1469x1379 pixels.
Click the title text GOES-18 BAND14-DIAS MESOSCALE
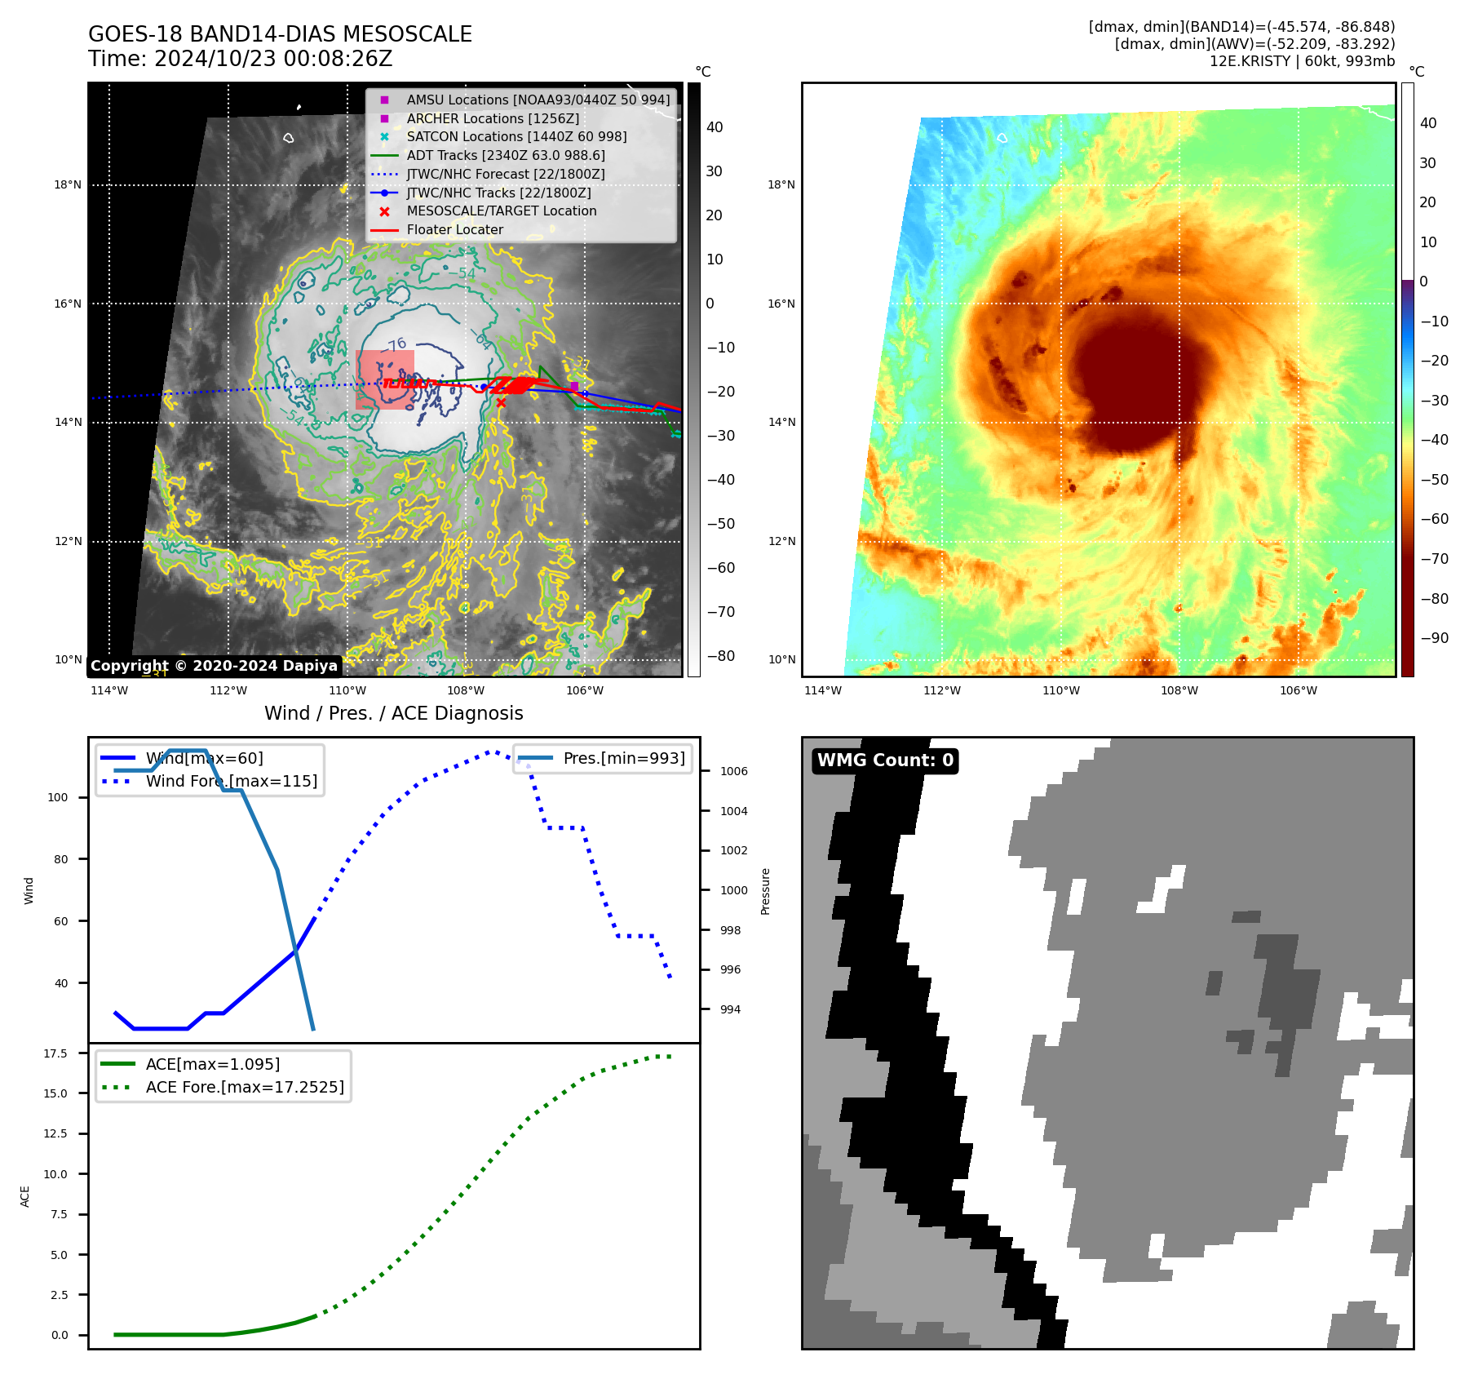[x=280, y=34]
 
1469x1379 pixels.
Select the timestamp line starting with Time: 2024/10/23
[x=240, y=59]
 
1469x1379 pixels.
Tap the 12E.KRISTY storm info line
[x=1302, y=61]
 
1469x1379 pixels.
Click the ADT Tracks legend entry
[x=505, y=155]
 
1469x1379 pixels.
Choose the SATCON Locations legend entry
[x=516, y=136]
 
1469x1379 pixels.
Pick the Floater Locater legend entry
[x=454, y=229]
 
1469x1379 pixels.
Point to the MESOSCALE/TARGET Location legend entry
[x=501, y=211]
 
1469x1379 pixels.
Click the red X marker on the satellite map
[x=501, y=402]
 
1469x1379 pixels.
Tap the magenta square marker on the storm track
[x=574, y=386]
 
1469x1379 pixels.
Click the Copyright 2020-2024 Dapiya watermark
[x=214, y=666]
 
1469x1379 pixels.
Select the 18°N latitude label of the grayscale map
[x=68, y=185]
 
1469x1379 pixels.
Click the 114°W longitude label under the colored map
[x=822, y=690]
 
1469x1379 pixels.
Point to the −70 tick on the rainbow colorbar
[x=1434, y=559]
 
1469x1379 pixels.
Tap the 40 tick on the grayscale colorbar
[x=715, y=127]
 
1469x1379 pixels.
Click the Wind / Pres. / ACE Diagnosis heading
[x=393, y=713]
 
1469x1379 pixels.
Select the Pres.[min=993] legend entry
[x=623, y=758]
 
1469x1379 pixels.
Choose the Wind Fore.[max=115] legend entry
[x=231, y=781]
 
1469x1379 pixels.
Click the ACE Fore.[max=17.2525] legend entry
[x=244, y=1087]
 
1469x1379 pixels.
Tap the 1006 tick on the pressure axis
[x=733, y=771]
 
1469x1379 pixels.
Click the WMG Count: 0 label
[x=885, y=760]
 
